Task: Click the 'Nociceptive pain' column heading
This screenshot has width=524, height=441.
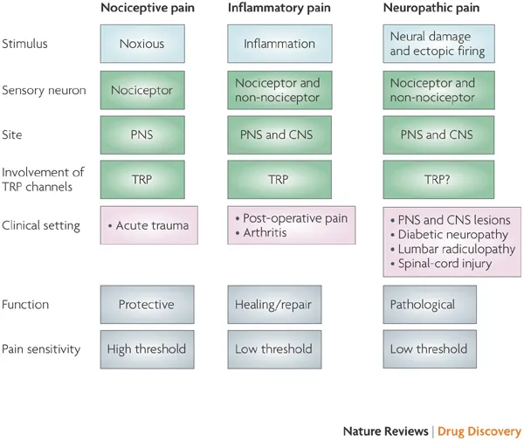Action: click(x=148, y=8)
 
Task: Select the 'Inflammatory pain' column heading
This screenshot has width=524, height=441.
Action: click(x=279, y=8)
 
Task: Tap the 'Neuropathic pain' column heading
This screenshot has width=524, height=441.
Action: click(x=431, y=8)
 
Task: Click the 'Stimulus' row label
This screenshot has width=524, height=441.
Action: click(x=24, y=44)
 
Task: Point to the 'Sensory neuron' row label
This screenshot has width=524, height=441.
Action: click(x=44, y=90)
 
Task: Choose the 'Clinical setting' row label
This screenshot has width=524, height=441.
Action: click(x=41, y=225)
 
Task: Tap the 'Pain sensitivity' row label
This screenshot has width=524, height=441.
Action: click(x=41, y=349)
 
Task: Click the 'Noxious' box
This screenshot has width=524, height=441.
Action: click(x=142, y=44)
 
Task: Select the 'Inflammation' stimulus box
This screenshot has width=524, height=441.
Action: click(x=279, y=44)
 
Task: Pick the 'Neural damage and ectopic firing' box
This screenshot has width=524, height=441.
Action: click(x=438, y=44)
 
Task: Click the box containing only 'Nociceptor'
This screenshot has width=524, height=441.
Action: click(x=142, y=90)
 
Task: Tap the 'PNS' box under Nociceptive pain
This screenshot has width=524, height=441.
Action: click(x=142, y=135)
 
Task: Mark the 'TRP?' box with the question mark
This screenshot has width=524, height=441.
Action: click(x=438, y=180)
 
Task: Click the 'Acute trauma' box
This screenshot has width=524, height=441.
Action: click(x=149, y=225)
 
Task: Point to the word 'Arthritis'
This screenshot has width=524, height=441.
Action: click(x=265, y=232)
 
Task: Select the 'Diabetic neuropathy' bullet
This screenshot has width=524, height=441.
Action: click(x=450, y=235)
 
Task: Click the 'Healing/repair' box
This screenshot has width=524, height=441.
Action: click(x=274, y=305)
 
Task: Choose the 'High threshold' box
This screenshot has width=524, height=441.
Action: click(x=147, y=349)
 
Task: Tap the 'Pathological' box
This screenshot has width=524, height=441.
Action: click(x=430, y=305)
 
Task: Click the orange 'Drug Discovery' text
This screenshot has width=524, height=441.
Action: click(x=479, y=431)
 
